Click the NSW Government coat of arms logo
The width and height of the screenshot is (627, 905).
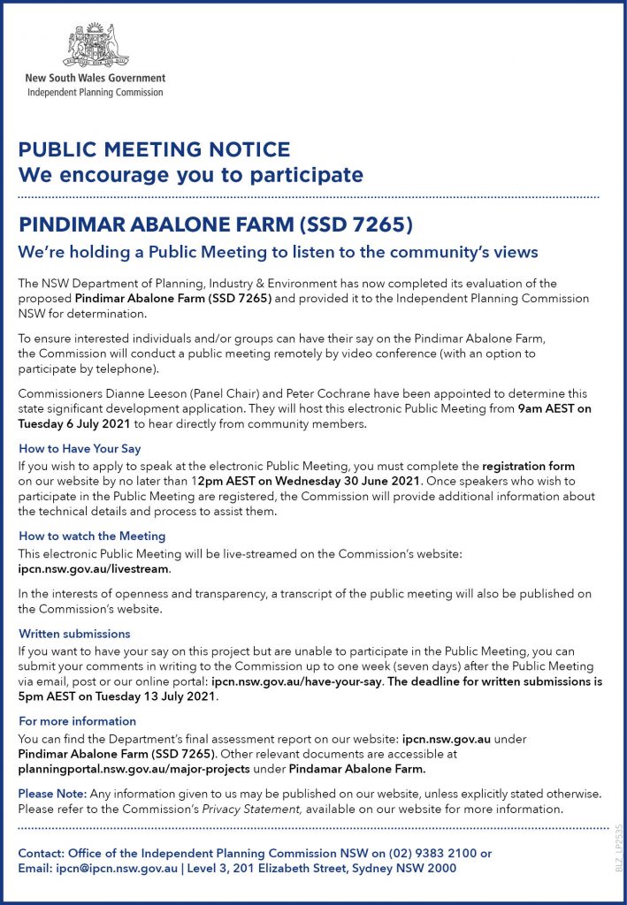click(x=94, y=45)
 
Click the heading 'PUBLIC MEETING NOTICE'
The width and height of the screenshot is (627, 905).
click(x=154, y=149)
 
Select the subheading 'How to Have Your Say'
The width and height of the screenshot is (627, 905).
click(x=80, y=449)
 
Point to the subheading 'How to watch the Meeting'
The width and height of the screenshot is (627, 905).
click(x=92, y=536)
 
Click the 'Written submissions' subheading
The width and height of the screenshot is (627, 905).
click(x=74, y=634)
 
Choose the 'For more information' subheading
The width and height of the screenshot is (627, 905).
click(x=77, y=721)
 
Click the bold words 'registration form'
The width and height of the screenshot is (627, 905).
click(x=528, y=465)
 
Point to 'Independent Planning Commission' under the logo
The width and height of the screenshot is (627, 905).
click(x=95, y=92)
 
